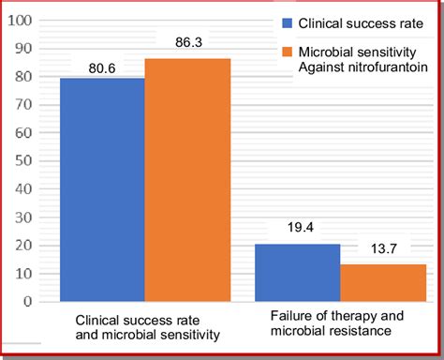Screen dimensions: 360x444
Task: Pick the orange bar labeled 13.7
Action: click(x=383, y=283)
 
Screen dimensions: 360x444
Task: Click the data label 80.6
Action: click(x=101, y=67)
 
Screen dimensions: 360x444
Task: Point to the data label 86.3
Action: click(x=187, y=42)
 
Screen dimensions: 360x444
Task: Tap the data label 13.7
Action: click(x=382, y=248)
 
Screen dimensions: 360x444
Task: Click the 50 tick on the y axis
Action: click(x=22, y=160)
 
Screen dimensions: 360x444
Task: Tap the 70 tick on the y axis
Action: click(x=22, y=104)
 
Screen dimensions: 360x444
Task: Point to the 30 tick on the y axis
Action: click(x=22, y=217)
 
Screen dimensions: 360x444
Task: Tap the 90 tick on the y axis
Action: click(x=22, y=48)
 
